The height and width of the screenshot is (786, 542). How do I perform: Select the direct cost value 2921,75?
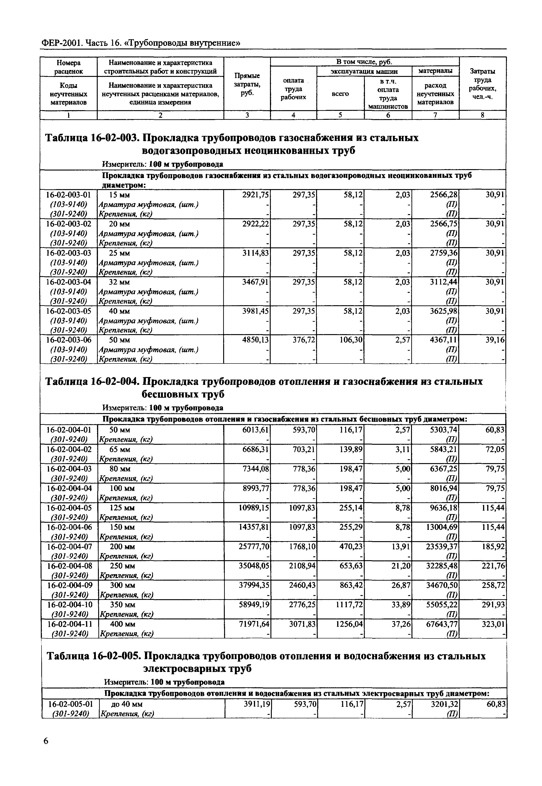(255, 195)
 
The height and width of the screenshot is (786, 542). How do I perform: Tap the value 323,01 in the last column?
(493, 624)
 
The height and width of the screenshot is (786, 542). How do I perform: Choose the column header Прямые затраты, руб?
(247, 84)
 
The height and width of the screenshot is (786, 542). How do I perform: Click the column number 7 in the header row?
(435, 115)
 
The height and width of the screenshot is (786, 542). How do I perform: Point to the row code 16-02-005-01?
(70, 703)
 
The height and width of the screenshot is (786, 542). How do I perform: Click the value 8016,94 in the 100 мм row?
(444, 488)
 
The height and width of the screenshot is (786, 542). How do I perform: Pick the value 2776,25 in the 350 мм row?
(302, 605)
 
